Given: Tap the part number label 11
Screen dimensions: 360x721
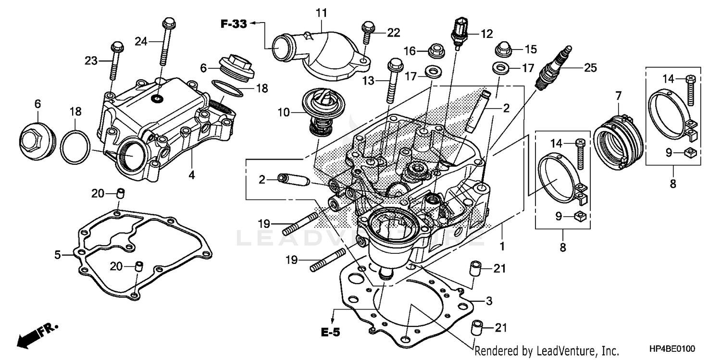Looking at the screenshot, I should [x=321, y=12].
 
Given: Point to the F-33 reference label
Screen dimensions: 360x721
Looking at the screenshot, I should [x=234, y=23].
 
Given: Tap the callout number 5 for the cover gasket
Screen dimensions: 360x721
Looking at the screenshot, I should [x=58, y=254].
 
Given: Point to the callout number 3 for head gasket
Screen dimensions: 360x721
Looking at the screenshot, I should [x=489, y=301].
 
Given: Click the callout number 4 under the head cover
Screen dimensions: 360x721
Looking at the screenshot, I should [x=192, y=175].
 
